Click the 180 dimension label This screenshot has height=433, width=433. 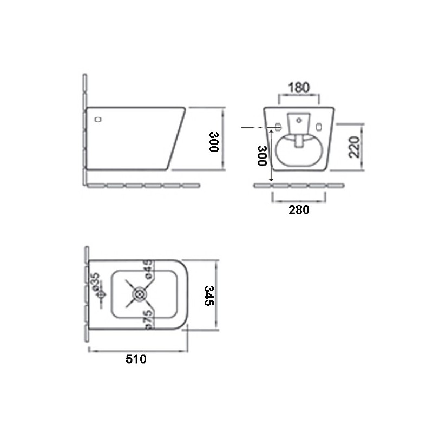click(299, 88)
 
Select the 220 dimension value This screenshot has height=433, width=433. click(355, 147)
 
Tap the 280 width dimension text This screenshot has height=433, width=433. click(299, 210)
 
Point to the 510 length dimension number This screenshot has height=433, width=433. click(136, 359)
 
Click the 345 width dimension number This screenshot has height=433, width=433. click(209, 296)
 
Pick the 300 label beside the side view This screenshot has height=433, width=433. click(214, 142)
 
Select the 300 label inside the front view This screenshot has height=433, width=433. click(262, 156)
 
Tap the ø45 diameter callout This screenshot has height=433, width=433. click(148, 268)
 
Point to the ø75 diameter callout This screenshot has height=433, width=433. click(148, 319)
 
